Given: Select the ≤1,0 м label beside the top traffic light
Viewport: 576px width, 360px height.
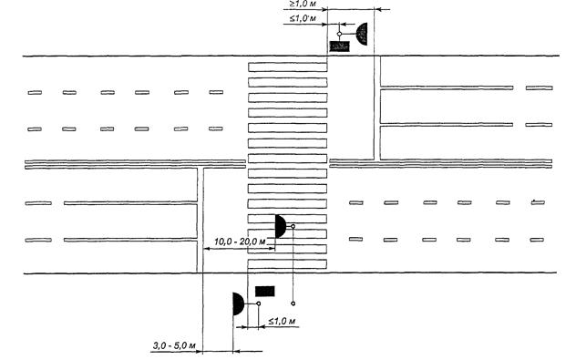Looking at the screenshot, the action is point(303,18).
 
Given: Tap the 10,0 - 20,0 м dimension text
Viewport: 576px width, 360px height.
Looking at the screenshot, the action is point(240,242).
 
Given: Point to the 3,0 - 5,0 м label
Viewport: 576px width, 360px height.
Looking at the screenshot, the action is point(174,345).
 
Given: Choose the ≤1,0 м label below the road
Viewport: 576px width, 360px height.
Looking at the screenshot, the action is point(282,321).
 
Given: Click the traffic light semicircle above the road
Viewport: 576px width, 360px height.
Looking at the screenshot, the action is point(362,34).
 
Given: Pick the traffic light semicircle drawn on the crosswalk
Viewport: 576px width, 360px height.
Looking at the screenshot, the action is point(280,226).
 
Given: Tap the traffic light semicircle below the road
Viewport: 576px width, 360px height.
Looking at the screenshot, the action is point(238,303).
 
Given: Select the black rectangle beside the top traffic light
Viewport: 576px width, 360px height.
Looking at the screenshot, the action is point(339,46).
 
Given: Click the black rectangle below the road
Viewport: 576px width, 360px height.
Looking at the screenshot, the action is point(265,292).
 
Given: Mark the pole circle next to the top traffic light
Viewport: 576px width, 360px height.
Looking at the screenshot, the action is point(339,34).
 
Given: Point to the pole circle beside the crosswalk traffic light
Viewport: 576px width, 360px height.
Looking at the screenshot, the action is point(293,226).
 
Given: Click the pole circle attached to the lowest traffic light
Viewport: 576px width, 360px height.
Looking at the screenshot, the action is point(259,303).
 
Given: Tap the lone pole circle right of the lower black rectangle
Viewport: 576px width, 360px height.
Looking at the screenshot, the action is point(293,303).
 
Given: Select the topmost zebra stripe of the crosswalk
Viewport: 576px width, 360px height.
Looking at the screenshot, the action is point(288,67).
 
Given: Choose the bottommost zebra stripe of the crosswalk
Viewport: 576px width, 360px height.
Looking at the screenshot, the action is point(287,264).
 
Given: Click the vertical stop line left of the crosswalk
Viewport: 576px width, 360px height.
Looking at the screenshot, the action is point(201,220).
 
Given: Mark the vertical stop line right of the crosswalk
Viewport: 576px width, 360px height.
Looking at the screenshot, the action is point(377,108).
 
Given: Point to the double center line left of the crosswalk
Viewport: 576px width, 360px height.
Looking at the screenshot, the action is point(135,164).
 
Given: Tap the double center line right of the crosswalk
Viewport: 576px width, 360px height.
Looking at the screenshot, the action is point(441,163).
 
